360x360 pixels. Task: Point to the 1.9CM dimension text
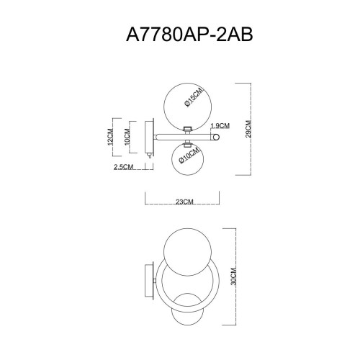[220, 125]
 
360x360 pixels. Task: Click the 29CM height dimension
[246, 127]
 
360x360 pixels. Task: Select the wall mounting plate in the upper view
[149, 138]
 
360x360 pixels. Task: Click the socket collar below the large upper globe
[187, 129]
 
